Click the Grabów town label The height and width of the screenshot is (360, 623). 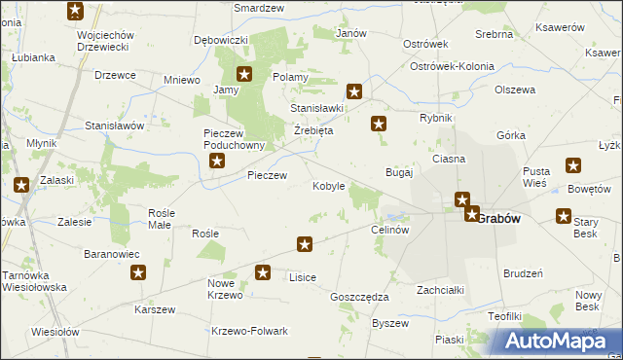[x=498, y=218]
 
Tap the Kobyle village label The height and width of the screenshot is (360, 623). [x=328, y=186]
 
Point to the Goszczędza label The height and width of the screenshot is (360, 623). [x=359, y=297]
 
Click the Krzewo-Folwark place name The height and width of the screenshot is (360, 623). [x=250, y=331]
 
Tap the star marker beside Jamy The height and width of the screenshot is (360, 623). [x=244, y=73]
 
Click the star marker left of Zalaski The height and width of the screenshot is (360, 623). [x=20, y=184]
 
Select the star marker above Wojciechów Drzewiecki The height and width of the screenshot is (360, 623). [x=76, y=12]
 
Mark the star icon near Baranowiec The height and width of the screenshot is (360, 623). [x=137, y=273]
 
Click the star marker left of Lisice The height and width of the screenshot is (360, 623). [x=262, y=273]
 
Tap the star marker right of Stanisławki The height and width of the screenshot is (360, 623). [x=354, y=92]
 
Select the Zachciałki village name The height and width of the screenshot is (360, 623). [x=440, y=290]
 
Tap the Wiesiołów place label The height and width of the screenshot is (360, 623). [x=55, y=331]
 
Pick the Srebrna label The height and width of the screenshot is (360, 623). [x=494, y=34]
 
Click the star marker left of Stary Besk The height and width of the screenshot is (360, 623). [x=563, y=216]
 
